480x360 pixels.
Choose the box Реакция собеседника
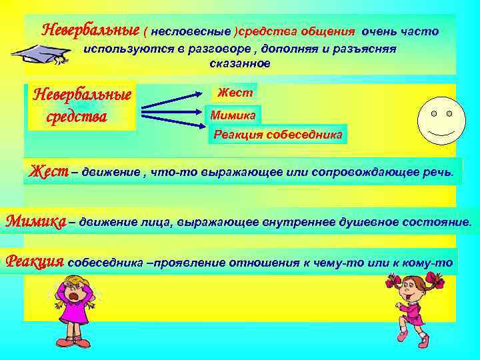[277, 135]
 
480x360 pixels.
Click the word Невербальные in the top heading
[90, 31]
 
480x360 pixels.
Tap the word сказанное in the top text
[239, 64]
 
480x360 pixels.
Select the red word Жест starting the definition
[48, 171]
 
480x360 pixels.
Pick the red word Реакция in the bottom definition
[34, 261]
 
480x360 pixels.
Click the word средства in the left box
[77, 116]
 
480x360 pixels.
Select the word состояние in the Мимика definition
[441, 221]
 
